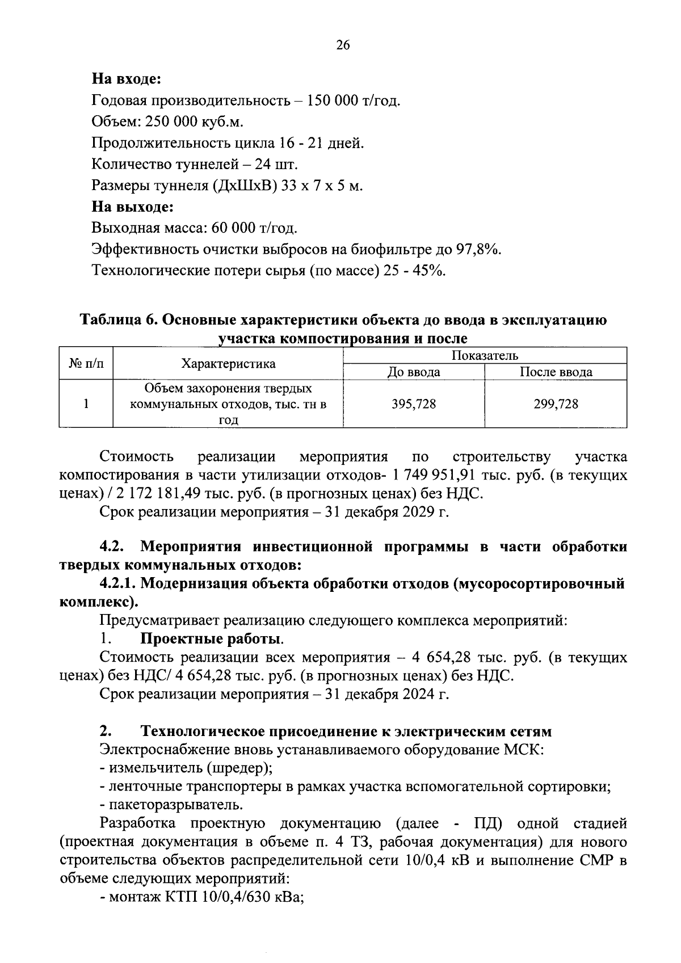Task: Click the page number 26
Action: (x=343, y=46)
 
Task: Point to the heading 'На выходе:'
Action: (x=132, y=207)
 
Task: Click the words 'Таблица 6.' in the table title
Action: (x=117, y=320)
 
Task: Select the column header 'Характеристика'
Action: (x=228, y=364)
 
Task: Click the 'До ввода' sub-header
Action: (x=414, y=372)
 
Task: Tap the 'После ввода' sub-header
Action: (x=556, y=372)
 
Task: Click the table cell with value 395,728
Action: (x=414, y=403)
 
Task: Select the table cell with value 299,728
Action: (x=556, y=403)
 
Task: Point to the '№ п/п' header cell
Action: (x=86, y=363)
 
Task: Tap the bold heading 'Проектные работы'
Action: (x=211, y=639)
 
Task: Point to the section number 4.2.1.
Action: (x=117, y=583)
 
